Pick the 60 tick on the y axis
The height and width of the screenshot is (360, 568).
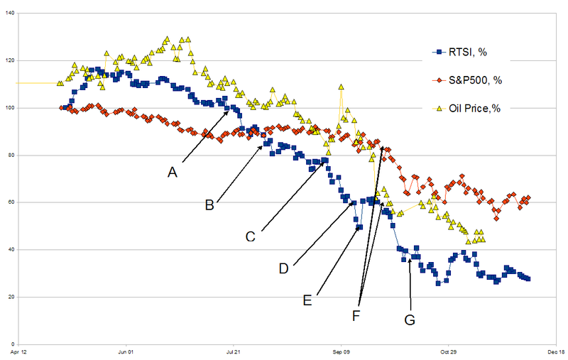point(9,202)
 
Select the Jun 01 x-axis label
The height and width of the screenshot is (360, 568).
point(125,351)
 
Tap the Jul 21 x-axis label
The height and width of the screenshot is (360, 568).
point(233,351)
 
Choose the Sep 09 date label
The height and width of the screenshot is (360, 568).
point(340,351)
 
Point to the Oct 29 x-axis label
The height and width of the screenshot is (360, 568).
point(447,351)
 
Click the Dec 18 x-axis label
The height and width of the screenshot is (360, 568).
point(555,351)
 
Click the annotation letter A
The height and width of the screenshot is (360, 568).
point(172,172)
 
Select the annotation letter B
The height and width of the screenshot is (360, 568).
point(209,205)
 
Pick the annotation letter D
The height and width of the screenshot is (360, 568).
point(283,268)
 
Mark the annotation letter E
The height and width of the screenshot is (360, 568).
point(307,300)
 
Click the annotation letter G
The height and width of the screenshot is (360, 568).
point(410,320)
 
